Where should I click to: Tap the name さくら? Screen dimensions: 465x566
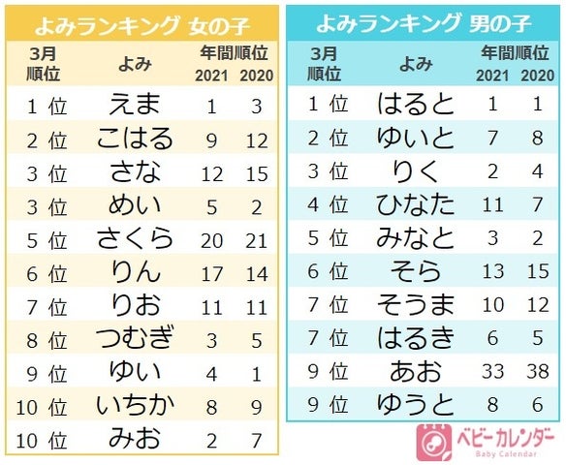[134, 238]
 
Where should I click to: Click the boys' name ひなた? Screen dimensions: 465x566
[415, 205]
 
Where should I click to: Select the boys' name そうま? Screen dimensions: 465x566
[415, 304]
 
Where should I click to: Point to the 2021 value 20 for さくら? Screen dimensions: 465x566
[212, 238]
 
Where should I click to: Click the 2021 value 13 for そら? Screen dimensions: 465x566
[493, 271]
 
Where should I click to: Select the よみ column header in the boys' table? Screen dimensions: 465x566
[415, 64]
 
